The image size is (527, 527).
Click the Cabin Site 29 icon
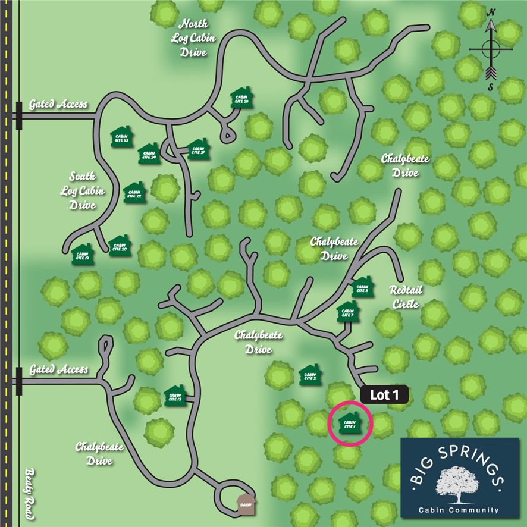click(243, 99)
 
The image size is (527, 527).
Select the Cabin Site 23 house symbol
click(121, 136)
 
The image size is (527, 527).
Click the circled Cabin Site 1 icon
click(350, 423)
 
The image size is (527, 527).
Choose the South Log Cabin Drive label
click(83, 190)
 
